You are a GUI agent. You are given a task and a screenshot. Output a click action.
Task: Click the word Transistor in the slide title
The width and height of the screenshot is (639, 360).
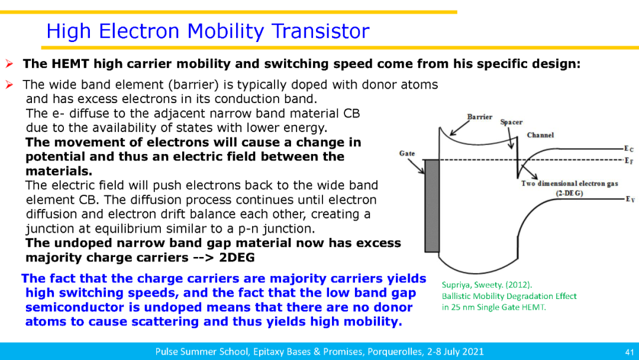[321, 31]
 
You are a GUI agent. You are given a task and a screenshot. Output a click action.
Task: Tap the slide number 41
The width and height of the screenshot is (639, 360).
[630, 352]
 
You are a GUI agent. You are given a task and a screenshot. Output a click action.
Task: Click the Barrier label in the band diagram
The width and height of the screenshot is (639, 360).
[480, 117]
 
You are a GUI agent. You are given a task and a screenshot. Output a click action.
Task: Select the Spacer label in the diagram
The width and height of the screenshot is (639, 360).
[511, 123]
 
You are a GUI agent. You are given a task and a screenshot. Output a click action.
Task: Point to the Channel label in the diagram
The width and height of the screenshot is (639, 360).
[540, 135]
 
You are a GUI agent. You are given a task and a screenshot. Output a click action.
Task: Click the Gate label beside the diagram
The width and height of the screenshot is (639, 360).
[407, 153]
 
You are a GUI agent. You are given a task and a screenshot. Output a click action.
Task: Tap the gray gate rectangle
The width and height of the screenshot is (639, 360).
[432, 206]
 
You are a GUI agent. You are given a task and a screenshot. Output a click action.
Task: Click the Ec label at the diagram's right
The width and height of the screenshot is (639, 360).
[629, 149]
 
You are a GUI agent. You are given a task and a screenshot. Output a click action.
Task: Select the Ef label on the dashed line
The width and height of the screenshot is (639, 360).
[629, 160]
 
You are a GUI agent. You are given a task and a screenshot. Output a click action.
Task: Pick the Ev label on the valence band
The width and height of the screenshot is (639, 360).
[630, 200]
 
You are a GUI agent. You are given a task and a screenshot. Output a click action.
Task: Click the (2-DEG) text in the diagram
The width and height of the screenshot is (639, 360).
[569, 193]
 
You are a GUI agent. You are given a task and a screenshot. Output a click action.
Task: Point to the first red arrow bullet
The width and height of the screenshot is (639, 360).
[9, 64]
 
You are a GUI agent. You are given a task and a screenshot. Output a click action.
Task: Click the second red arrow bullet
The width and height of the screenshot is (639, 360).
[9, 85]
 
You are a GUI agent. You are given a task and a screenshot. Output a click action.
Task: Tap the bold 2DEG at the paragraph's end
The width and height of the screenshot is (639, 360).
[237, 258]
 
